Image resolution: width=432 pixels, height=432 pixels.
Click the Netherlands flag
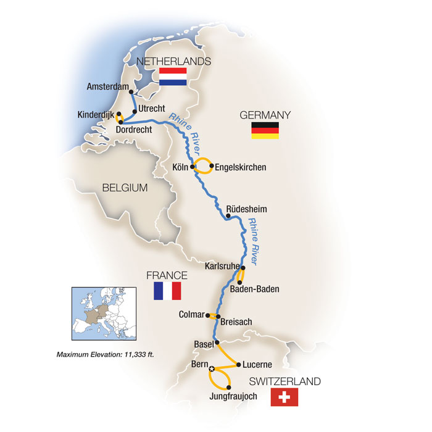(x=173, y=77)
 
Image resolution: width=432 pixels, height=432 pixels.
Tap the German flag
(x=265, y=130)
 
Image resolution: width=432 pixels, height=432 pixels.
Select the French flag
(x=167, y=291)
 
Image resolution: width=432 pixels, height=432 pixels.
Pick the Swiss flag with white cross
(x=284, y=397)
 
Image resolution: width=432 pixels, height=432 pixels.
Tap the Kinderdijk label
(x=96, y=114)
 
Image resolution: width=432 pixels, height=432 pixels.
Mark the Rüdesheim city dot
(x=228, y=215)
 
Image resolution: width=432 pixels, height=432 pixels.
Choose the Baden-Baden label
(x=254, y=288)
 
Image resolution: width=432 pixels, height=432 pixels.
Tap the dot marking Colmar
(x=207, y=315)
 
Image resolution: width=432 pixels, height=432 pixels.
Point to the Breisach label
(x=236, y=322)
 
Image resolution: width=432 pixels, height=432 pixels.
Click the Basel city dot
(x=216, y=343)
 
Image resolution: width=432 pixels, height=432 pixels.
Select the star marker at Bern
(x=212, y=369)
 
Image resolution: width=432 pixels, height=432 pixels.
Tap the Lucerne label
(x=251, y=365)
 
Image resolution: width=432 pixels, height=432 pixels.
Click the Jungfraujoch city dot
(x=229, y=388)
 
